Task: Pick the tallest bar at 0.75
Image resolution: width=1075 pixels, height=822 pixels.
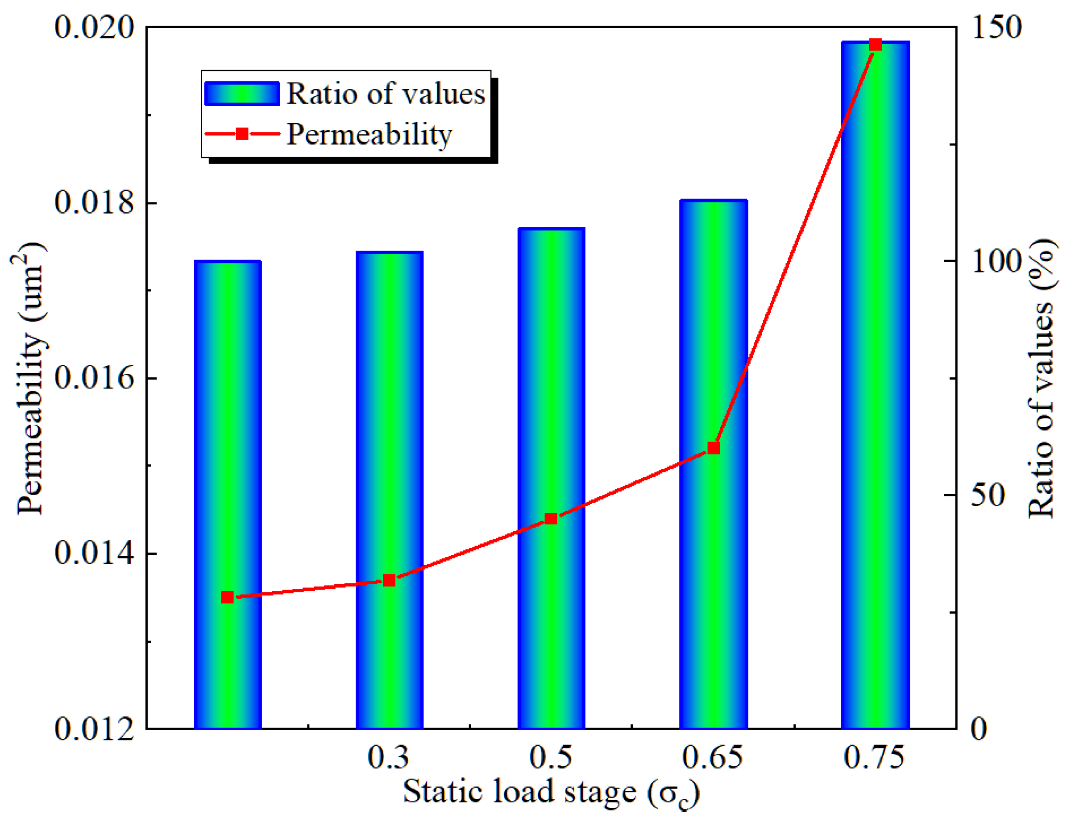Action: click(x=875, y=392)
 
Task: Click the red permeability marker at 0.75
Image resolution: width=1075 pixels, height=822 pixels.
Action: click(x=875, y=45)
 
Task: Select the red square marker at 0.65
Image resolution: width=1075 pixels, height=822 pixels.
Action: click(x=714, y=448)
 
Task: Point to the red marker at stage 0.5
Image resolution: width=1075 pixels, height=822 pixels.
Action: click(x=551, y=519)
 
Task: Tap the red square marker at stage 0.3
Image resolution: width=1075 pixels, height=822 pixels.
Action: click(x=389, y=581)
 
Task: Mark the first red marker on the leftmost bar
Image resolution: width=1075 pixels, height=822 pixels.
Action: click(x=227, y=597)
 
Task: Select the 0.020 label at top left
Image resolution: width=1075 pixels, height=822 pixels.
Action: click(x=94, y=27)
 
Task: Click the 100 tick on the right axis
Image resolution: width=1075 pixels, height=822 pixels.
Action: click(x=996, y=261)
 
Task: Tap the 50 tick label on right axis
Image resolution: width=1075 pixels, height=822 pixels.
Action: click(x=988, y=495)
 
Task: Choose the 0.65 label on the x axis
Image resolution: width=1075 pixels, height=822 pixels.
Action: click(x=712, y=758)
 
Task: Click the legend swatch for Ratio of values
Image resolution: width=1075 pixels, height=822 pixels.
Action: click(x=242, y=94)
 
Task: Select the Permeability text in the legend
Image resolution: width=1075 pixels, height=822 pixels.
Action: click(x=369, y=134)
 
